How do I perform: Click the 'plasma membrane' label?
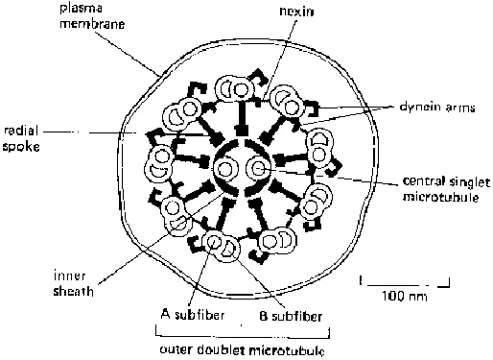click(92, 16)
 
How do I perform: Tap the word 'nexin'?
click(296, 12)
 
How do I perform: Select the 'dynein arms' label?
click(437, 108)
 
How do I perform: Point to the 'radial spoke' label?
click(21, 138)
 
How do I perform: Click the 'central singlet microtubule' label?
click(446, 189)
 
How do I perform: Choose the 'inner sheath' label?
click(73, 283)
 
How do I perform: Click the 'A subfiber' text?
click(193, 315)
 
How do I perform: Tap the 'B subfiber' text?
click(291, 316)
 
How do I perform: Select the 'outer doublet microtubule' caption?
click(242, 349)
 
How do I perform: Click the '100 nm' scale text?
click(405, 296)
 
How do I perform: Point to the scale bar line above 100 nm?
click(405, 283)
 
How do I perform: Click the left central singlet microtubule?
click(225, 168)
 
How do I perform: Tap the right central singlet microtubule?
click(258, 168)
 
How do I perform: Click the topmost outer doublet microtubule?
click(235, 88)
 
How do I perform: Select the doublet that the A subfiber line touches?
click(221, 246)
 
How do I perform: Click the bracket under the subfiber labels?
click(243, 335)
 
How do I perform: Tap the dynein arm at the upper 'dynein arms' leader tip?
click(313, 108)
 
